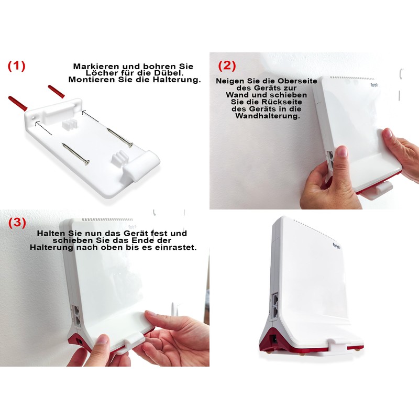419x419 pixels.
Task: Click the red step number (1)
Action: click(x=16, y=65)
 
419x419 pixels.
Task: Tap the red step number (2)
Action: click(x=227, y=65)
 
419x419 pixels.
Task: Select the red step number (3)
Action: click(x=17, y=222)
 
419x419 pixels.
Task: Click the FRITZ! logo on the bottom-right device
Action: click(x=338, y=245)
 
